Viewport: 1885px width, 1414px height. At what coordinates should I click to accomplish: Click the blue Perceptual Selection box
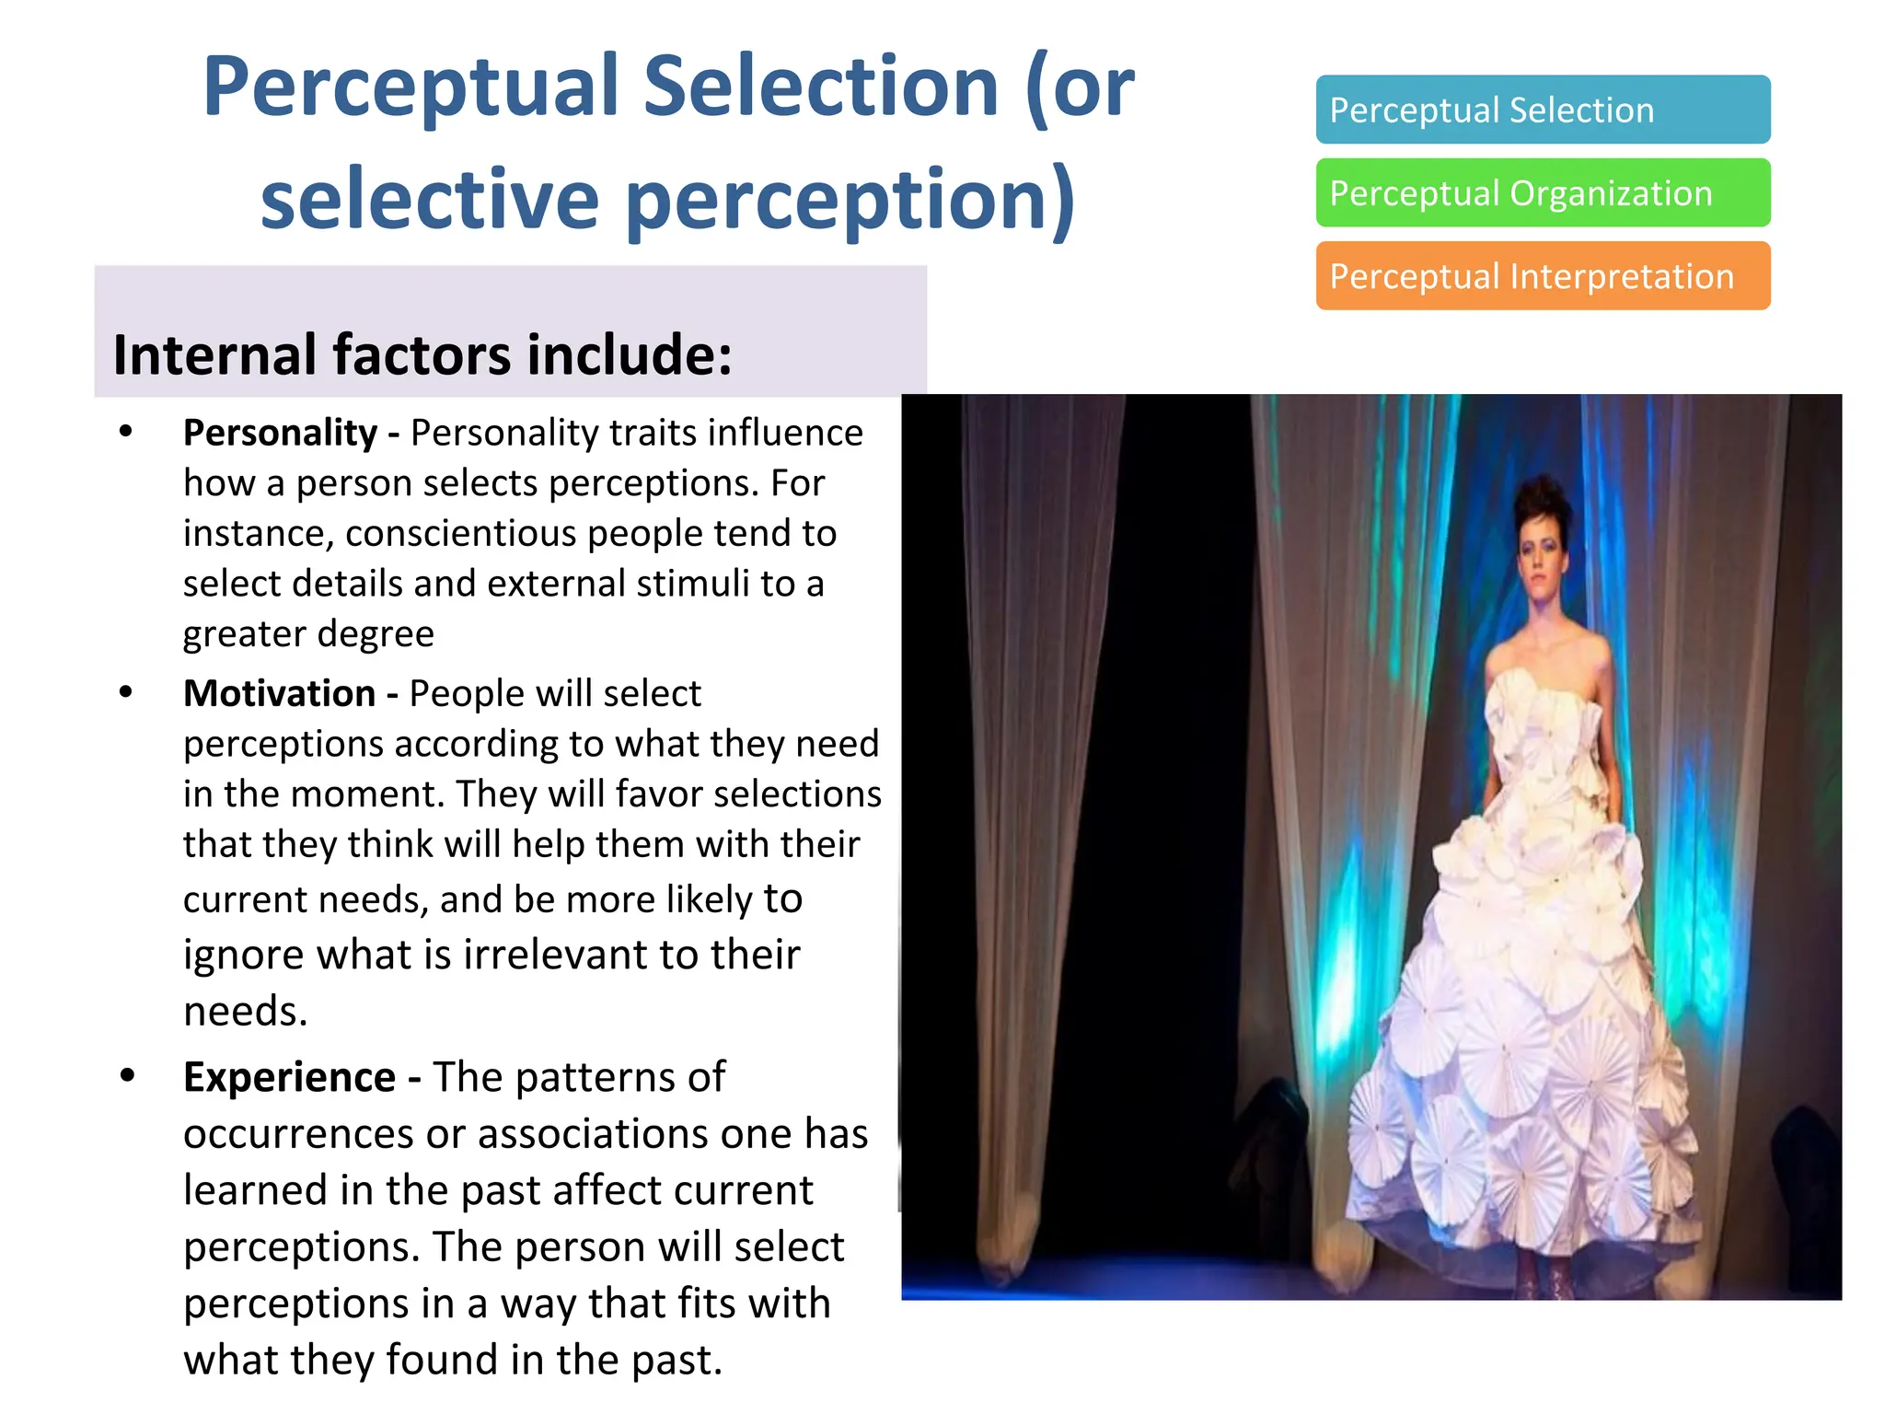[1543, 110]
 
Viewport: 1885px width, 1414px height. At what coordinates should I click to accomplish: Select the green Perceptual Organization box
[1543, 192]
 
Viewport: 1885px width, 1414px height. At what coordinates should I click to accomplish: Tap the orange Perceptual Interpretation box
[1543, 276]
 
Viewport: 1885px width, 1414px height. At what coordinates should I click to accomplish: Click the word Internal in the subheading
[215, 355]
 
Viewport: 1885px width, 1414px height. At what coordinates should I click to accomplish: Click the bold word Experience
[290, 1077]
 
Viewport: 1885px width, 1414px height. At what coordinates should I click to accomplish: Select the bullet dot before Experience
[128, 1074]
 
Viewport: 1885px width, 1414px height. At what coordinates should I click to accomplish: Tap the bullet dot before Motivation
[126, 691]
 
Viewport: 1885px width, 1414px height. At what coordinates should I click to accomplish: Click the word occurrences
[297, 1134]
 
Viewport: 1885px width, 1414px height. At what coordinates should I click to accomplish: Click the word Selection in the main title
[821, 87]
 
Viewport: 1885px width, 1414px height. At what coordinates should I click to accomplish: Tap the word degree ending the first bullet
[376, 634]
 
